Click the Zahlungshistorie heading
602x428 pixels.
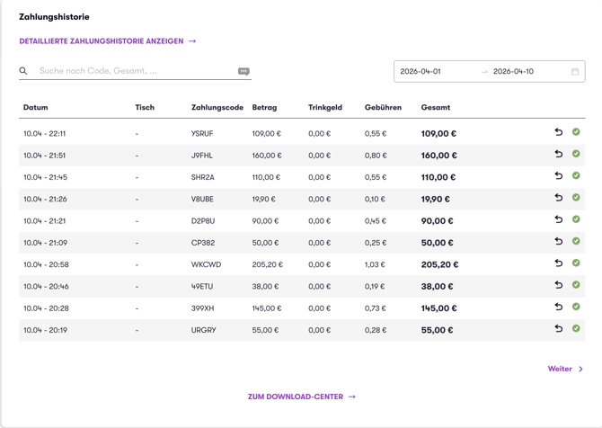point(54,17)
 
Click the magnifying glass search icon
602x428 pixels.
point(23,71)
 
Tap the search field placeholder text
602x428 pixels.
point(98,71)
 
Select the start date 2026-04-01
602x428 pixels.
point(421,71)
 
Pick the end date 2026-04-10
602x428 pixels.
point(513,71)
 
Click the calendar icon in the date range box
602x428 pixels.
point(575,71)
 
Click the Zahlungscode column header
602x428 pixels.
point(217,108)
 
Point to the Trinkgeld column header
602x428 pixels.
point(324,108)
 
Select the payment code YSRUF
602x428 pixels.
point(202,134)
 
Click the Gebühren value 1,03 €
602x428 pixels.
point(375,264)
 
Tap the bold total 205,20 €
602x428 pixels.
point(439,264)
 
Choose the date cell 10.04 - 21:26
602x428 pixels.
point(45,199)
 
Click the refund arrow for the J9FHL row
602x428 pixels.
point(559,154)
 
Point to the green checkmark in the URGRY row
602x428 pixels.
point(576,328)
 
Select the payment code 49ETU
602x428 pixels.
point(202,287)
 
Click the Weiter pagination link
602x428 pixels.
point(565,369)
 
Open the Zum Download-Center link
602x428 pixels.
point(302,397)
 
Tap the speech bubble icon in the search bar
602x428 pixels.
point(243,71)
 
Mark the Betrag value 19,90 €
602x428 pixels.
point(264,199)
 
